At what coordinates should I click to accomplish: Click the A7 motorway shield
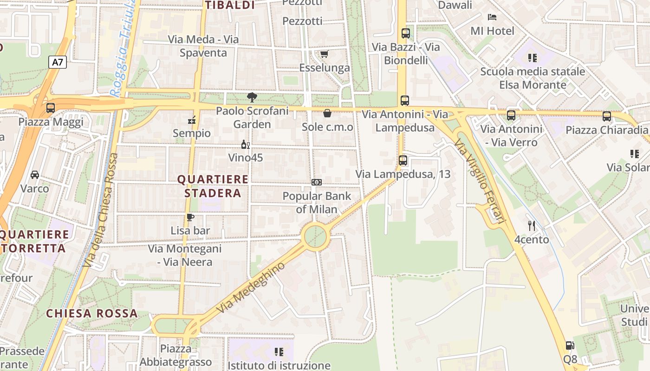tap(58, 62)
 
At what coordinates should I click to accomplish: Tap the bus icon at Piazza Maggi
tap(51, 108)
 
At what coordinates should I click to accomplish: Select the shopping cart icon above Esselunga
tap(324, 54)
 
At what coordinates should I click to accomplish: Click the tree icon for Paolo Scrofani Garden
tap(252, 97)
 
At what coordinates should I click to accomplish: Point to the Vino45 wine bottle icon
tap(246, 145)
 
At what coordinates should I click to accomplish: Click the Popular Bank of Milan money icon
tap(317, 182)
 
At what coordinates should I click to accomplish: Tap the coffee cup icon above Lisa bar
tap(190, 217)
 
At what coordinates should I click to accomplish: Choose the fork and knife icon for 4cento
tap(532, 226)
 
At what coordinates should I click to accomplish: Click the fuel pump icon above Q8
tap(570, 345)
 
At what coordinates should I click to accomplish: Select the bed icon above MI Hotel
tap(492, 17)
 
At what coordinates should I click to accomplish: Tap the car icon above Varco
tap(35, 175)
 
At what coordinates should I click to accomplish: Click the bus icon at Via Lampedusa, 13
tap(403, 160)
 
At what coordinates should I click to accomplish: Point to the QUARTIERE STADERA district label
tap(213, 186)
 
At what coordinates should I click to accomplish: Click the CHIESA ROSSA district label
tap(92, 313)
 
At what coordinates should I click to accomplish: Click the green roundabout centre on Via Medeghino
tap(316, 237)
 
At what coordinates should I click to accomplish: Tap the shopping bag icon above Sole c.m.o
tap(327, 113)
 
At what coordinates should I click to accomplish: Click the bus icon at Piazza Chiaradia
tap(607, 116)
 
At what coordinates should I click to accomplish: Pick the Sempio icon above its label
tap(191, 120)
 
